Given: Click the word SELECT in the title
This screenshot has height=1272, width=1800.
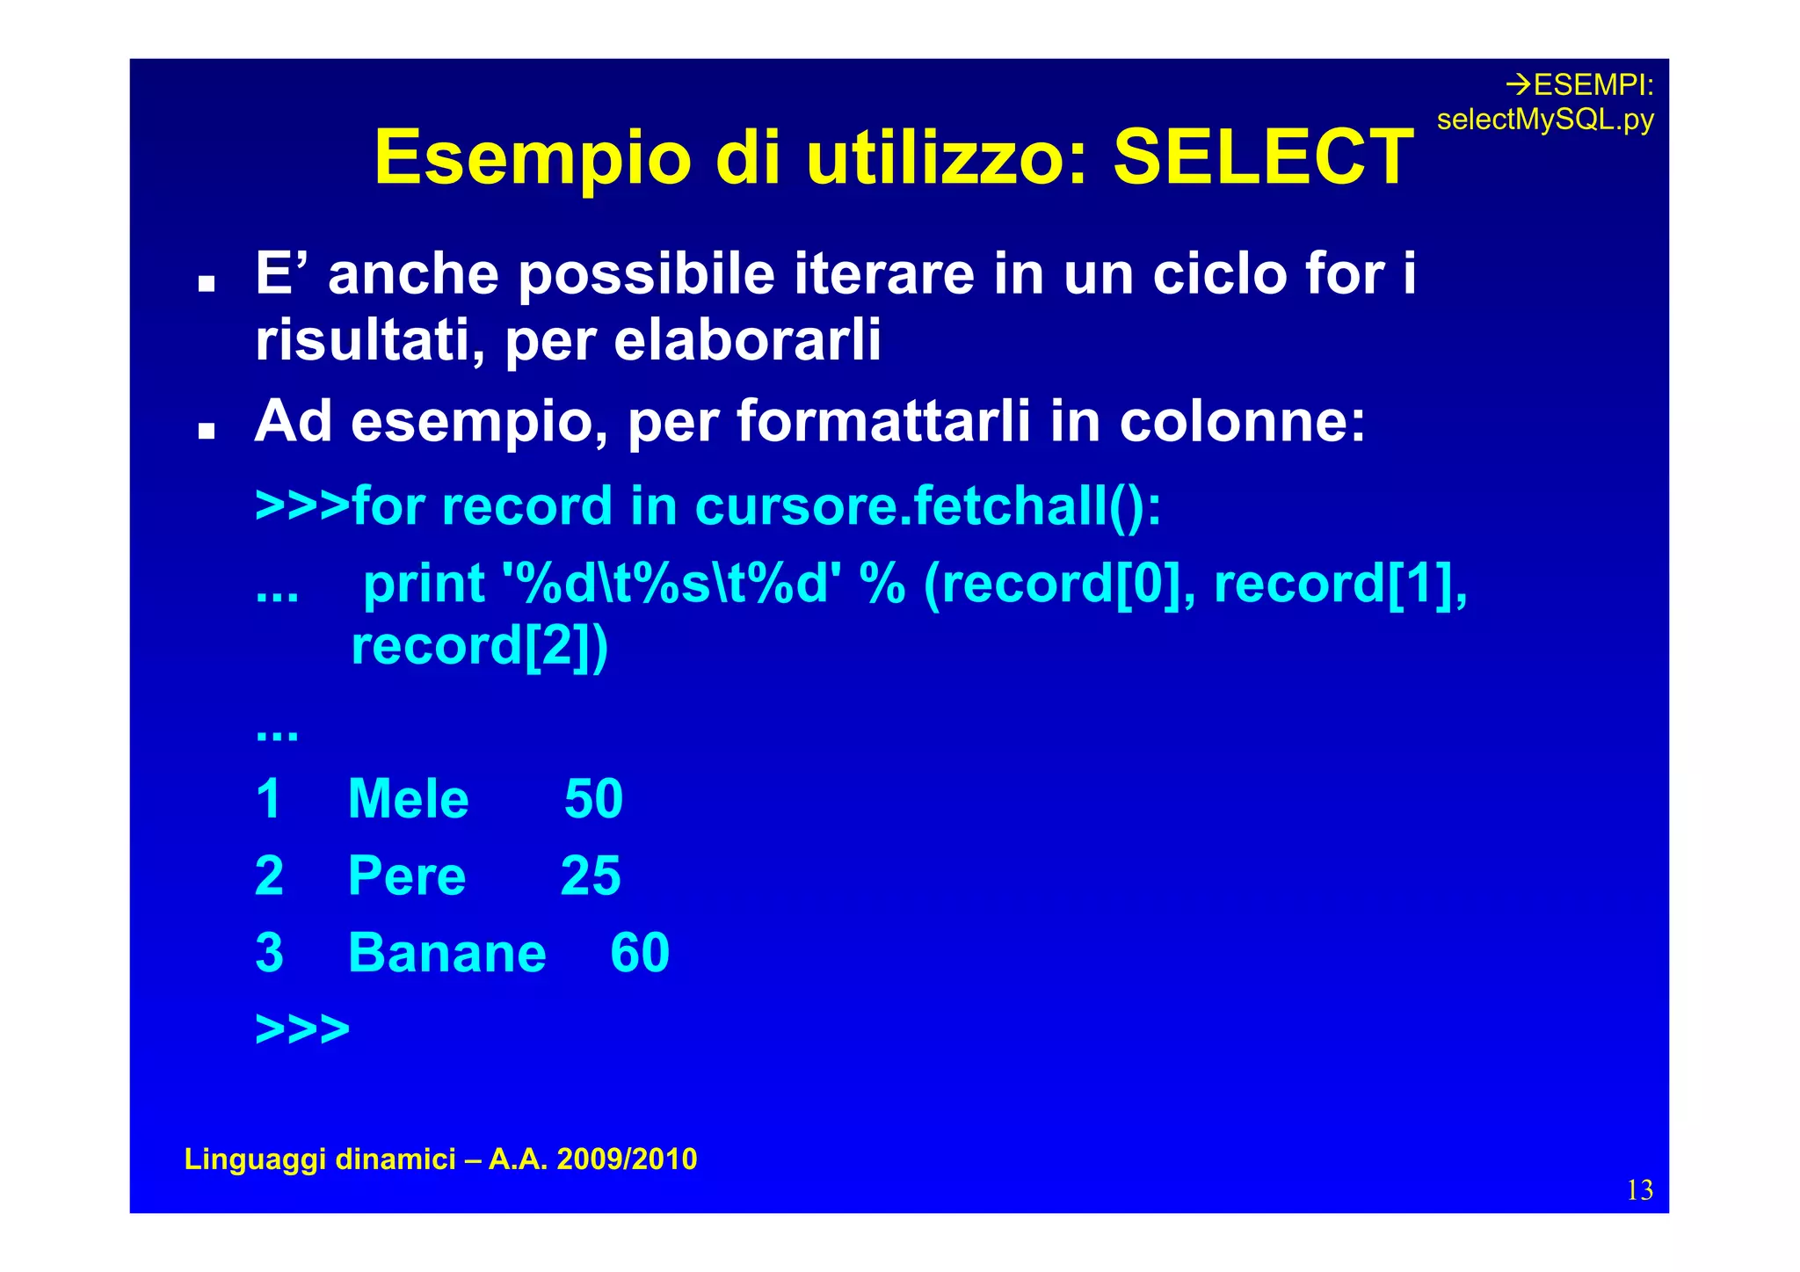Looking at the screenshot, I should coord(1263,158).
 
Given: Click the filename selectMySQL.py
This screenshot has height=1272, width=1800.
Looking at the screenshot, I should coord(1545,120).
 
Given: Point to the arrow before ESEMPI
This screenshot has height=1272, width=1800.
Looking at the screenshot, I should coord(1518,85).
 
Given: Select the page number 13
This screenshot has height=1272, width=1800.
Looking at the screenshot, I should coord(1639,1190).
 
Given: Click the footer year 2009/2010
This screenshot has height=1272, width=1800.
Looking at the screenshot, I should coord(627,1159).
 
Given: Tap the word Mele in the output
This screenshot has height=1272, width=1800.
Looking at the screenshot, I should coord(409,799).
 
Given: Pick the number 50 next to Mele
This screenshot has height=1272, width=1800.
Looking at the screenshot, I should coord(593,799).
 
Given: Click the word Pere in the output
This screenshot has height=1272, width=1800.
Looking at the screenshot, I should coord(407,876).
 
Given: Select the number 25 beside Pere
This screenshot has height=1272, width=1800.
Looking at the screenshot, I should coord(591,876).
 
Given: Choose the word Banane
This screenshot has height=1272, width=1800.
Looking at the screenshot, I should coord(446,953).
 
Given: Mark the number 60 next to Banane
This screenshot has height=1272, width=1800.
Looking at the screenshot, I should coord(640,953).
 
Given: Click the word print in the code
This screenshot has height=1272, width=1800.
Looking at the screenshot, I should coord(424,585).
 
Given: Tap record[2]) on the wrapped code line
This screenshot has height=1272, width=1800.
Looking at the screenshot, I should coord(479,647).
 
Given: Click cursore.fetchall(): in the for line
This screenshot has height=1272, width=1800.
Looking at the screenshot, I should coord(928,507).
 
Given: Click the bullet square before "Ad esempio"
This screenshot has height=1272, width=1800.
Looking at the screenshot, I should coord(207,432).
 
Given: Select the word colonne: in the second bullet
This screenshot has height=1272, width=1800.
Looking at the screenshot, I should coord(1242,421).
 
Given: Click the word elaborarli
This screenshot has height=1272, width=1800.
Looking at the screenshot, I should coord(747,340).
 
